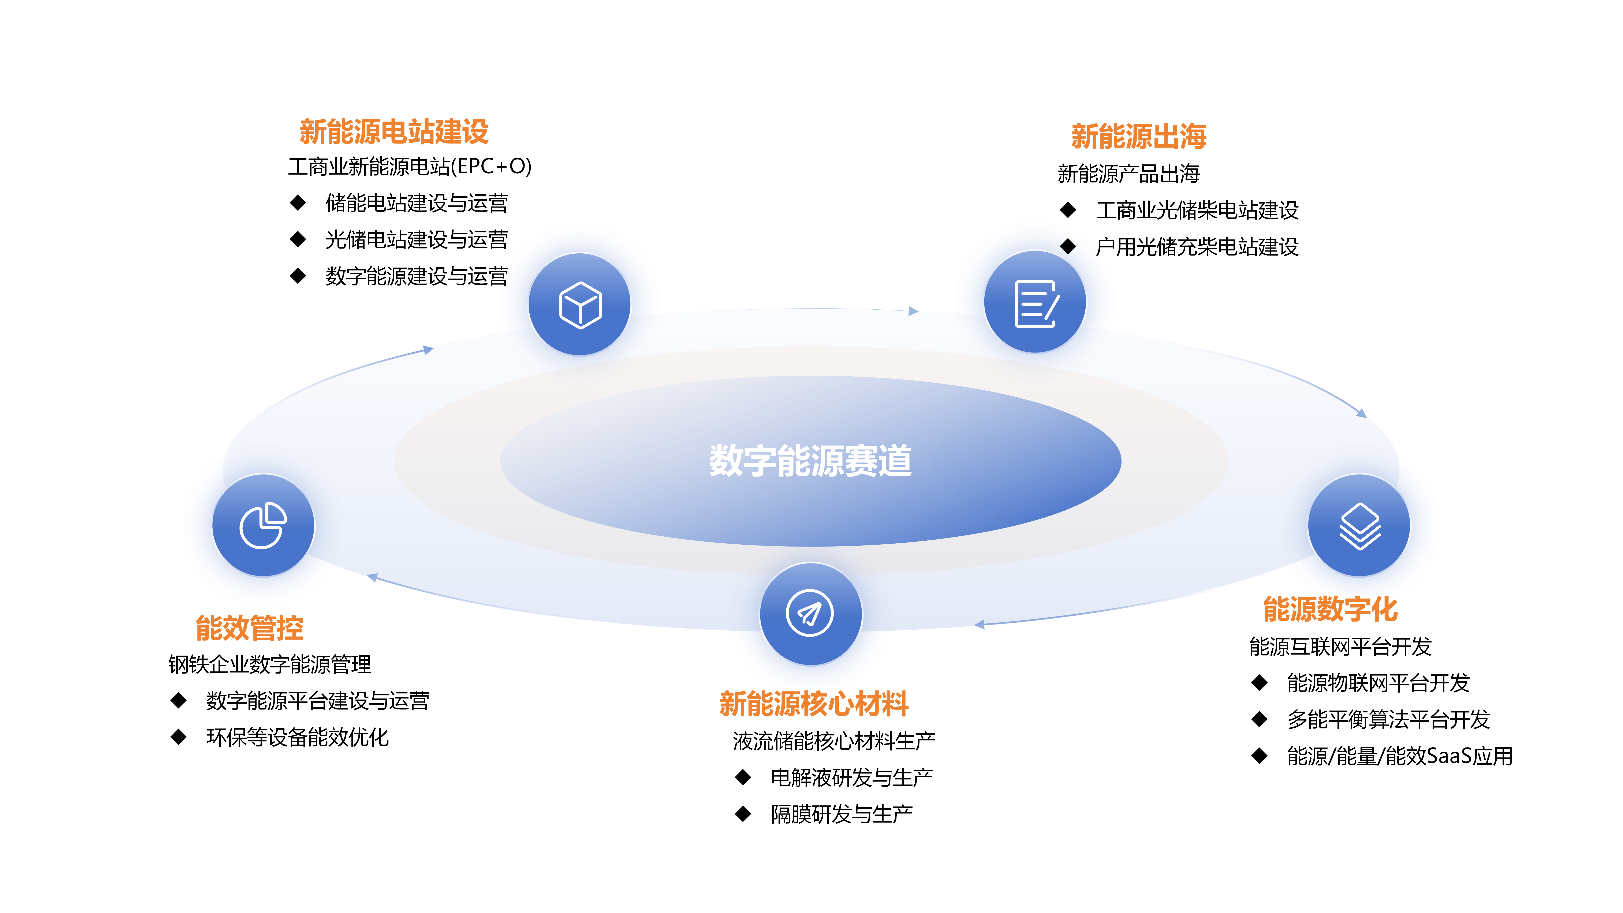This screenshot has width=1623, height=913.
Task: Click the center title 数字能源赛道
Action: point(810,461)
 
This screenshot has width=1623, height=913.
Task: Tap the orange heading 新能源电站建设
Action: point(394,132)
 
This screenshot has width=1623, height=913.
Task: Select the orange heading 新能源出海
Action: point(1138,136)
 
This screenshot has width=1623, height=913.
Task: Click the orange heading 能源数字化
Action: point(1330,609)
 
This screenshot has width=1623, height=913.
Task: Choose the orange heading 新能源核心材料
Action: point(814,704)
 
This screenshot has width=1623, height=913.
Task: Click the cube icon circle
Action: point(580,304)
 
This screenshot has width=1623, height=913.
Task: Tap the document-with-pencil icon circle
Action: point(1035,302)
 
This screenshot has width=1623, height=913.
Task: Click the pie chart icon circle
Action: point(263,525)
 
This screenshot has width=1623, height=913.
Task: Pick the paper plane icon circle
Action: point(811,614)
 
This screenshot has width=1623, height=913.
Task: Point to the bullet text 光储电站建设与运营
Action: point(417,239)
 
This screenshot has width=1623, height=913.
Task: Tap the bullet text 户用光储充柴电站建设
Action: point(1197,246)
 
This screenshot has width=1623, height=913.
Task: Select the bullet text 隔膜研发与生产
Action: point(842,814)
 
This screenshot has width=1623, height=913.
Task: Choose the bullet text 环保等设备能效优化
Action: point(297,737)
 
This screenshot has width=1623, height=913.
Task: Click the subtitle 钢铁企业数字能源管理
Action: point(270,664)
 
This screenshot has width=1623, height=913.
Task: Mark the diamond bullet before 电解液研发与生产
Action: point(743,778)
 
